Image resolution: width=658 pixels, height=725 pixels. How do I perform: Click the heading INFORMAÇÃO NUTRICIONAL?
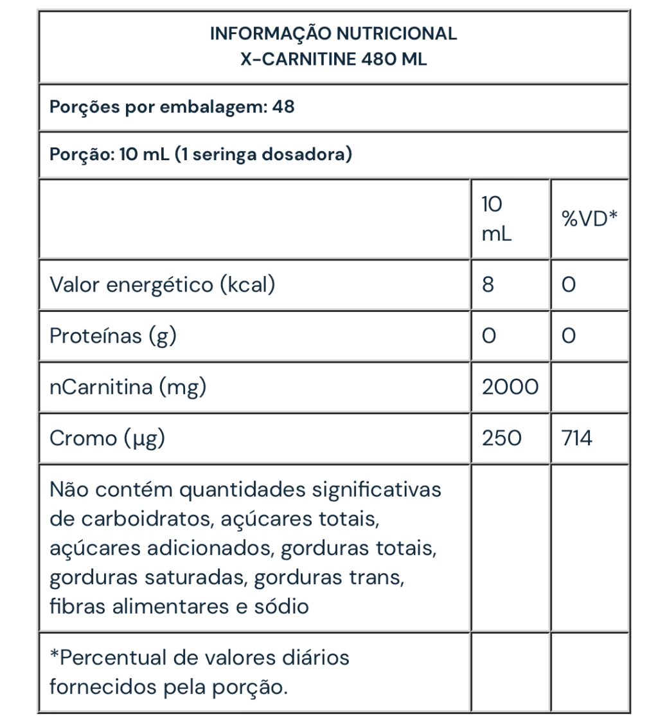point(333,34)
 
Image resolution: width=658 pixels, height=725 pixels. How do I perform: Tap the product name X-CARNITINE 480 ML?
point(333,60)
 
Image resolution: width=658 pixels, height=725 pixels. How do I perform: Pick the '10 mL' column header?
point(497,219)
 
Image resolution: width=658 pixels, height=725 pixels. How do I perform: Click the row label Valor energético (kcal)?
point(162,284)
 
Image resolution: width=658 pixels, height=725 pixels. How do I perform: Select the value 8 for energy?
point(488,284)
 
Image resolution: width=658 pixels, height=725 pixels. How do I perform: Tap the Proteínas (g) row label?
point(113,335)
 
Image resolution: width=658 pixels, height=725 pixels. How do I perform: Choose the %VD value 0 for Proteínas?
point(567,335)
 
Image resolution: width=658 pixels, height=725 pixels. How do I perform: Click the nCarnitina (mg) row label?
point(128,387)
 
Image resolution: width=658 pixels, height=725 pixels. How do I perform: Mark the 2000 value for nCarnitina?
point(510,387)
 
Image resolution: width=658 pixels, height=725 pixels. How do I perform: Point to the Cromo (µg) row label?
point(108,439)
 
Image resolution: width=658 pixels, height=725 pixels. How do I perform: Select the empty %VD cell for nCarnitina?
point(589,387)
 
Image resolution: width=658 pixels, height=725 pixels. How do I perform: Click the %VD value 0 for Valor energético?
point(567,284)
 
